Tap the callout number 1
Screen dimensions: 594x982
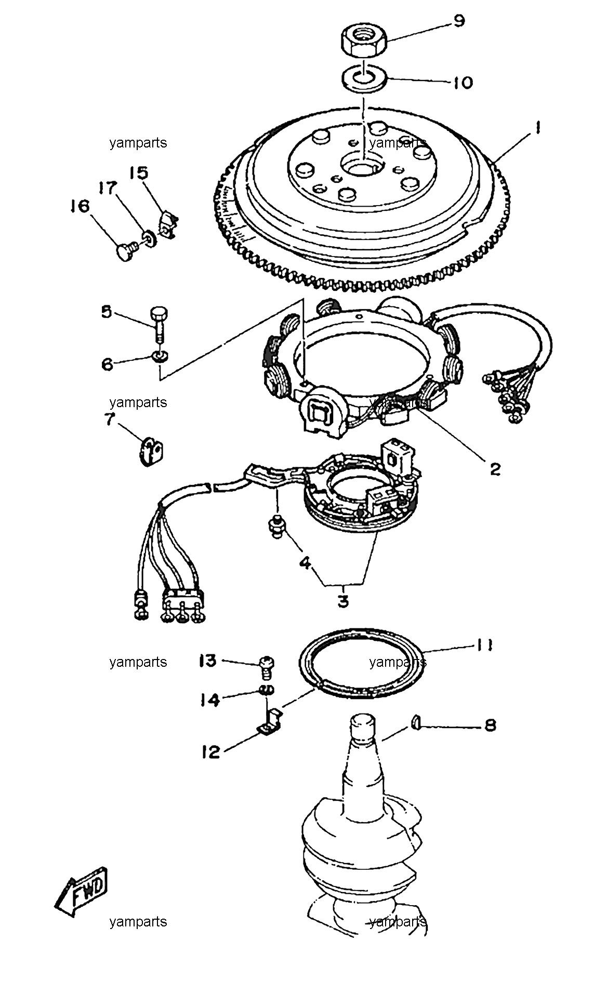[538, 128]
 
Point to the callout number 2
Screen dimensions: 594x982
[495, 468]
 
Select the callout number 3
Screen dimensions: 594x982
[343, 601]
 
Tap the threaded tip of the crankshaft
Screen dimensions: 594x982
[363, 727]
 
